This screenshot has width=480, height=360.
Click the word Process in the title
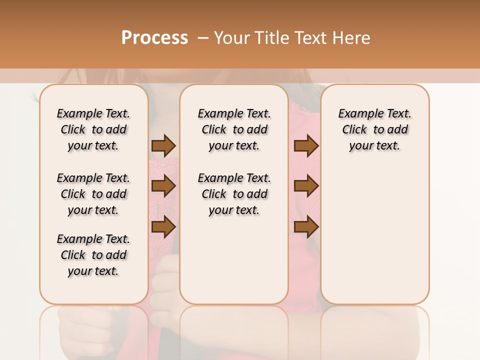coord(154,38)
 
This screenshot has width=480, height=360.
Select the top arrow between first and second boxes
coord(163,146)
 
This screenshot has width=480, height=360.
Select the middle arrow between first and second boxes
coord(163,186)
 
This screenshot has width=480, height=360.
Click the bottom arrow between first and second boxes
coord(163,227)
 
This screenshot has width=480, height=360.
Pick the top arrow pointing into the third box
coord(306,146)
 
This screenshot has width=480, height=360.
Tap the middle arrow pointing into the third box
coord(306,186)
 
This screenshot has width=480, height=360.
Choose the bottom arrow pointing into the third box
coord(306,227)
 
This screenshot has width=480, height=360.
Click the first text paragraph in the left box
coord(93,129)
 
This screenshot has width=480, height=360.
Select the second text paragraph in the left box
coord(93,194)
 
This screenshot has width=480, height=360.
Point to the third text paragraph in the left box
coord(93,255)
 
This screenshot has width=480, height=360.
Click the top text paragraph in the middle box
coord(234,129)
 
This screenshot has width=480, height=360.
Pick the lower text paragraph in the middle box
coord(234,194)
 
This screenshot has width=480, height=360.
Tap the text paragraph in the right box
coord(374,129)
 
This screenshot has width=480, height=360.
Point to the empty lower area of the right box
coord(374,235)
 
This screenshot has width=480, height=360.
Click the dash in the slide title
coord(203,38)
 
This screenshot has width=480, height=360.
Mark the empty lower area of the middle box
coord(234,260)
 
